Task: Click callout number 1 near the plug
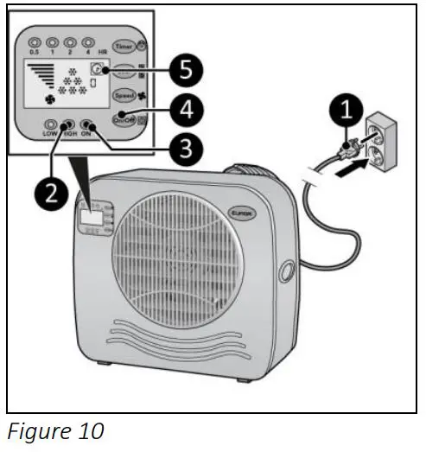348,110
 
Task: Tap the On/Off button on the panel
125,119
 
